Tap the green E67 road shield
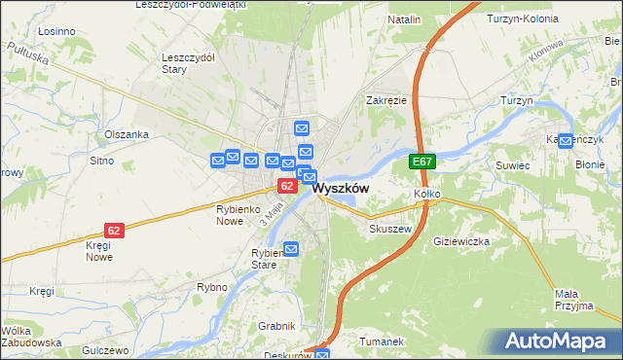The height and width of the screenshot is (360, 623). click(x=421, y=162)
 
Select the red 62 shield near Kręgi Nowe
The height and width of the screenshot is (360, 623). click(x=115, y=231)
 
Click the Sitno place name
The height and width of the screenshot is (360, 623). click(x=101, y=160)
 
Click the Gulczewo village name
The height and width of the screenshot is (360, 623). click(x=106, y=349)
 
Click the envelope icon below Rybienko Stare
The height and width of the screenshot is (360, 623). click(x=290, y=249)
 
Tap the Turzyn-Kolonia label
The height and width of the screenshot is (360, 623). click(x=521, y=19)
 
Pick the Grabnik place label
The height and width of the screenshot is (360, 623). click(x=275, y=325)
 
